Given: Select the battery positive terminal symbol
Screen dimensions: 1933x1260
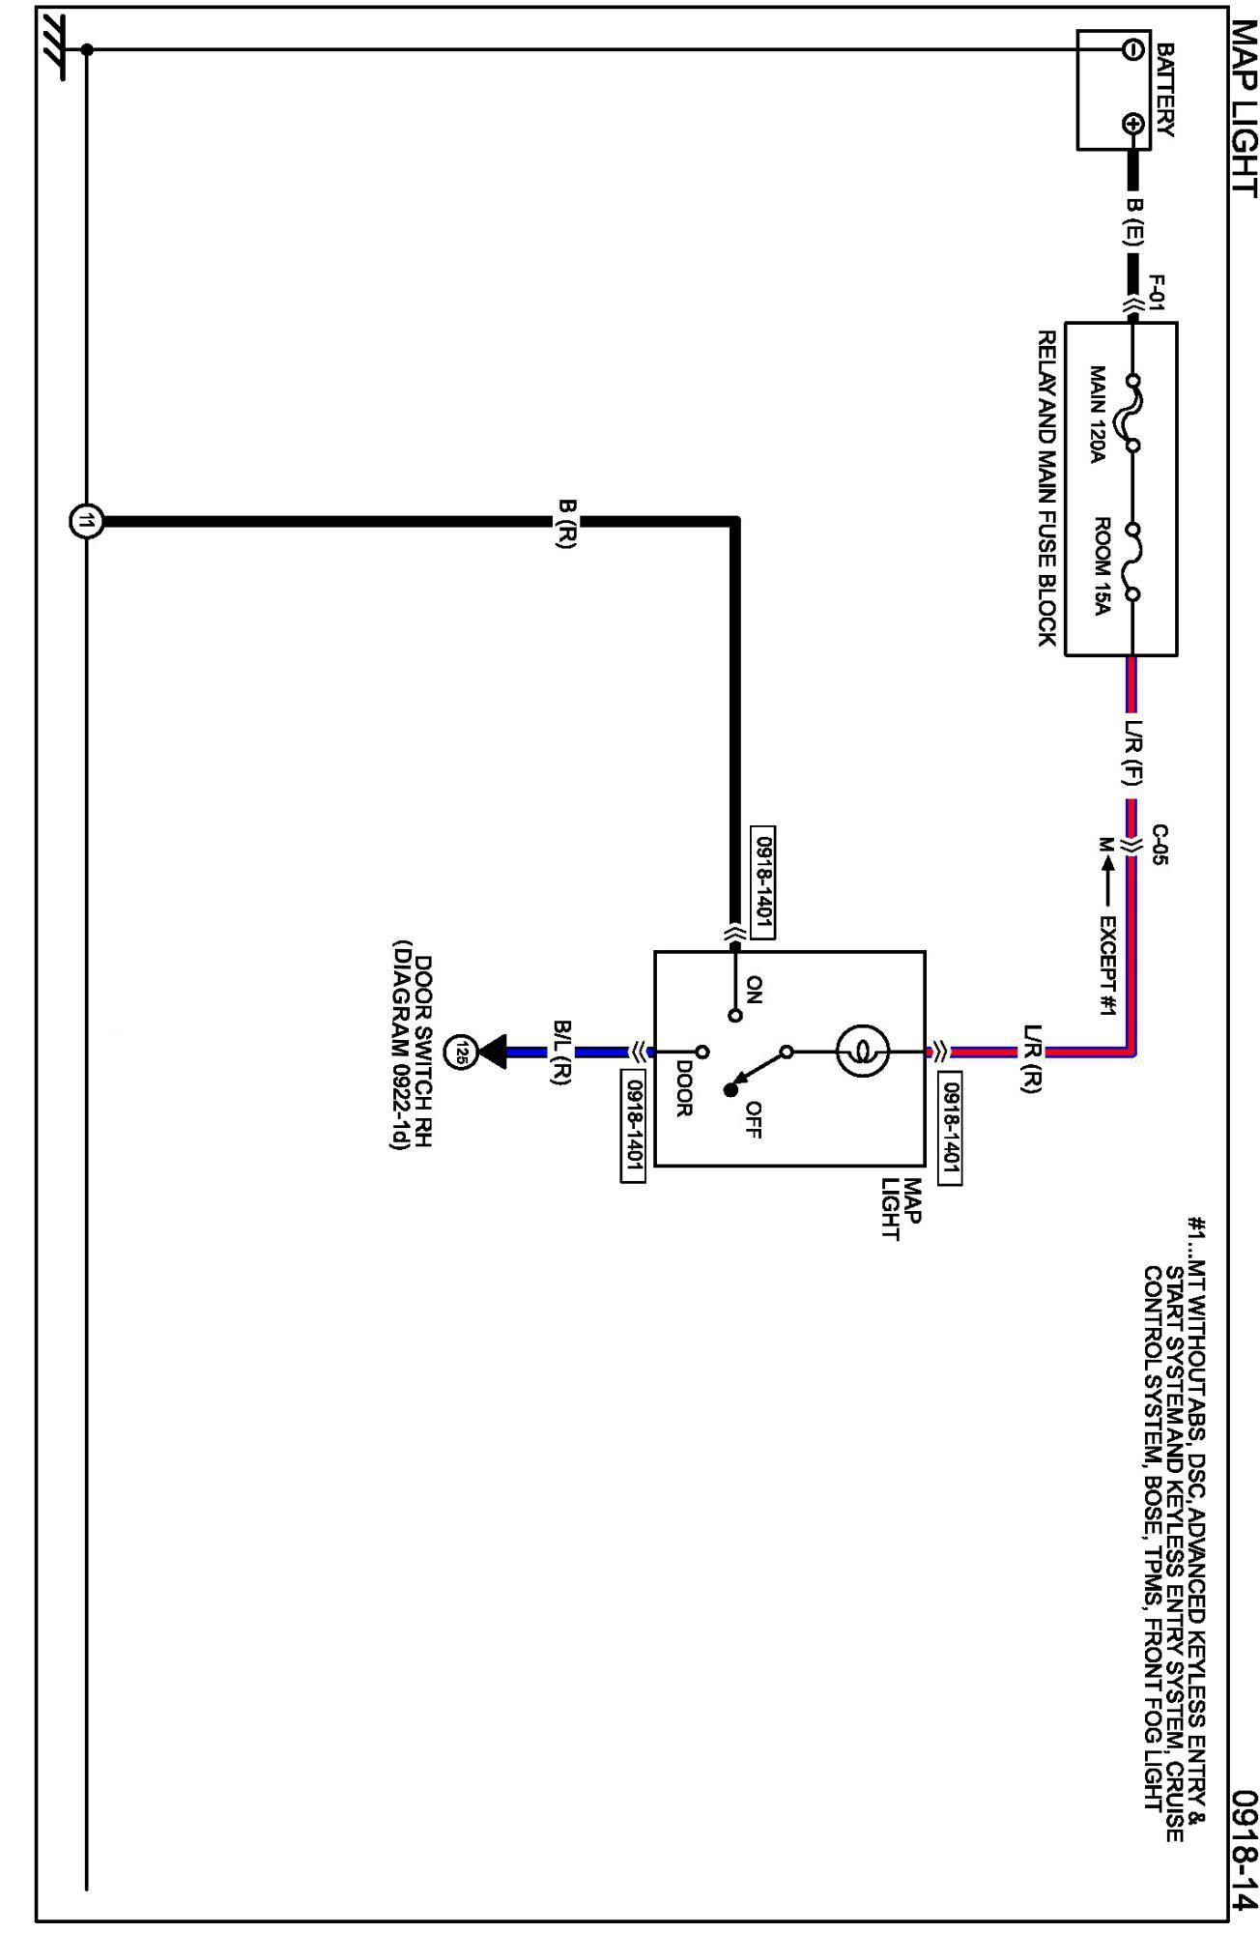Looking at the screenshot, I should (1132, 124).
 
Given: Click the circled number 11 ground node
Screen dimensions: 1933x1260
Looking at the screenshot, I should (86, 522).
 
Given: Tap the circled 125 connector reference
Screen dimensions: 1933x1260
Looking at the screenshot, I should (463, 1052).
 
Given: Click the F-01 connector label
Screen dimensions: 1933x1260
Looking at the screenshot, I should (1158, 292).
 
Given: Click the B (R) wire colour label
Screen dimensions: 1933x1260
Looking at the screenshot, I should (567, 523).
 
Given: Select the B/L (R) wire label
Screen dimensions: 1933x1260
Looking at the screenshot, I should (563, 1052).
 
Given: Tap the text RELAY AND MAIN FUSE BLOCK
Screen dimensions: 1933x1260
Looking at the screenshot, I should (1047, 488).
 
